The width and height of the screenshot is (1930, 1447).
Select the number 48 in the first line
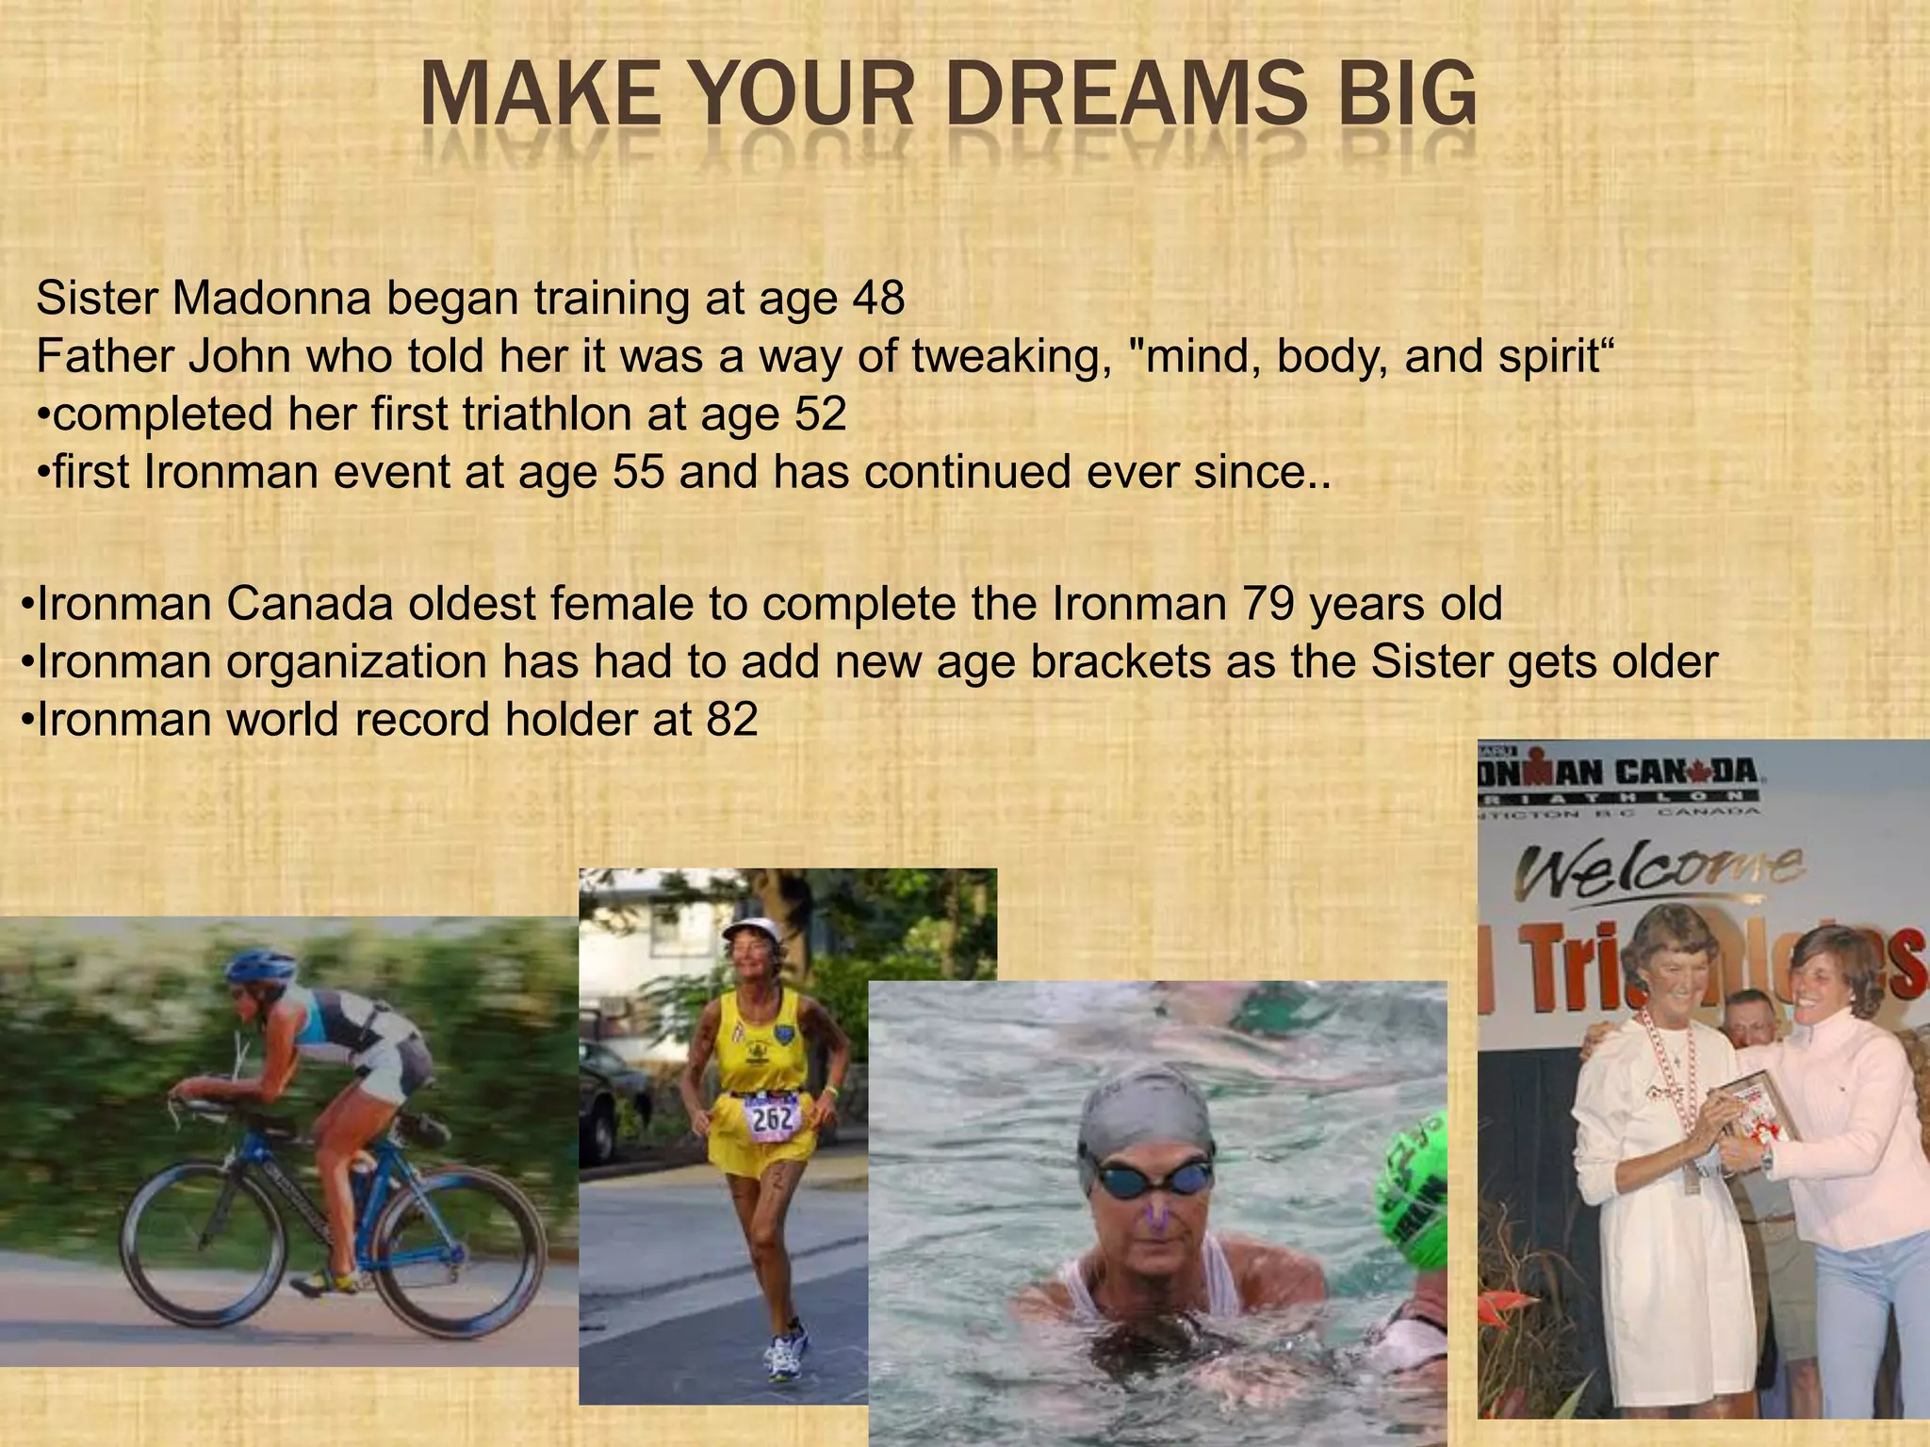tap(876, 299)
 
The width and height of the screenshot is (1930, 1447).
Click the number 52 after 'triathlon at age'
tap(820, 415)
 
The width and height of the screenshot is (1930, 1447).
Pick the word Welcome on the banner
tap(1659, 871)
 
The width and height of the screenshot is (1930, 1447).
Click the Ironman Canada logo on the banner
tap(1621, 774)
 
